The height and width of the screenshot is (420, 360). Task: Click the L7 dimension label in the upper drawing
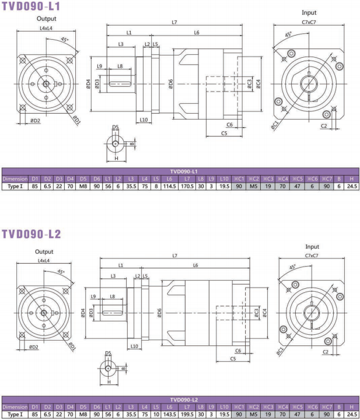pyautogui.click(x=174, y=22)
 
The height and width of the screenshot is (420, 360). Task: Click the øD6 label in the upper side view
pyautogui.click(x=170, y=84)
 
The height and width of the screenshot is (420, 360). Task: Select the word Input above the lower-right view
pyautogui.click(x=312, y=247)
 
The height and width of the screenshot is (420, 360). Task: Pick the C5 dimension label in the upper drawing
pyautogui.click(x=224, y=134)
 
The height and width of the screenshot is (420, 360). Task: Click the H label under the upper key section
pyautogui.click(x=116, y=157)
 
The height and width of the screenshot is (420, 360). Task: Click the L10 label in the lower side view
pyautogui.click(x=134, y=345)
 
